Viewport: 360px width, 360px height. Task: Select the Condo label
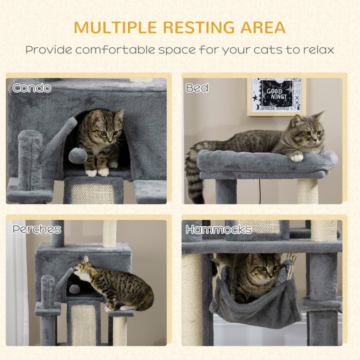coord(32,88)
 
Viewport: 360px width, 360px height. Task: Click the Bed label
coord(197,88)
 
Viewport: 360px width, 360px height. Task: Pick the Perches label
coord(37,229)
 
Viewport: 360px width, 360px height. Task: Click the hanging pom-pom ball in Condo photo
coord(77,155)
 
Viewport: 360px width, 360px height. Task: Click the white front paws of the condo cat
coord(97,172)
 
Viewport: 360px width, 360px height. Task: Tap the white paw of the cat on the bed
coord(297,157)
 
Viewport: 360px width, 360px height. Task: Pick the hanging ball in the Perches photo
coord(74,288)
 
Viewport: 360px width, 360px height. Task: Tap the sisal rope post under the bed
coord(307,190)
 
